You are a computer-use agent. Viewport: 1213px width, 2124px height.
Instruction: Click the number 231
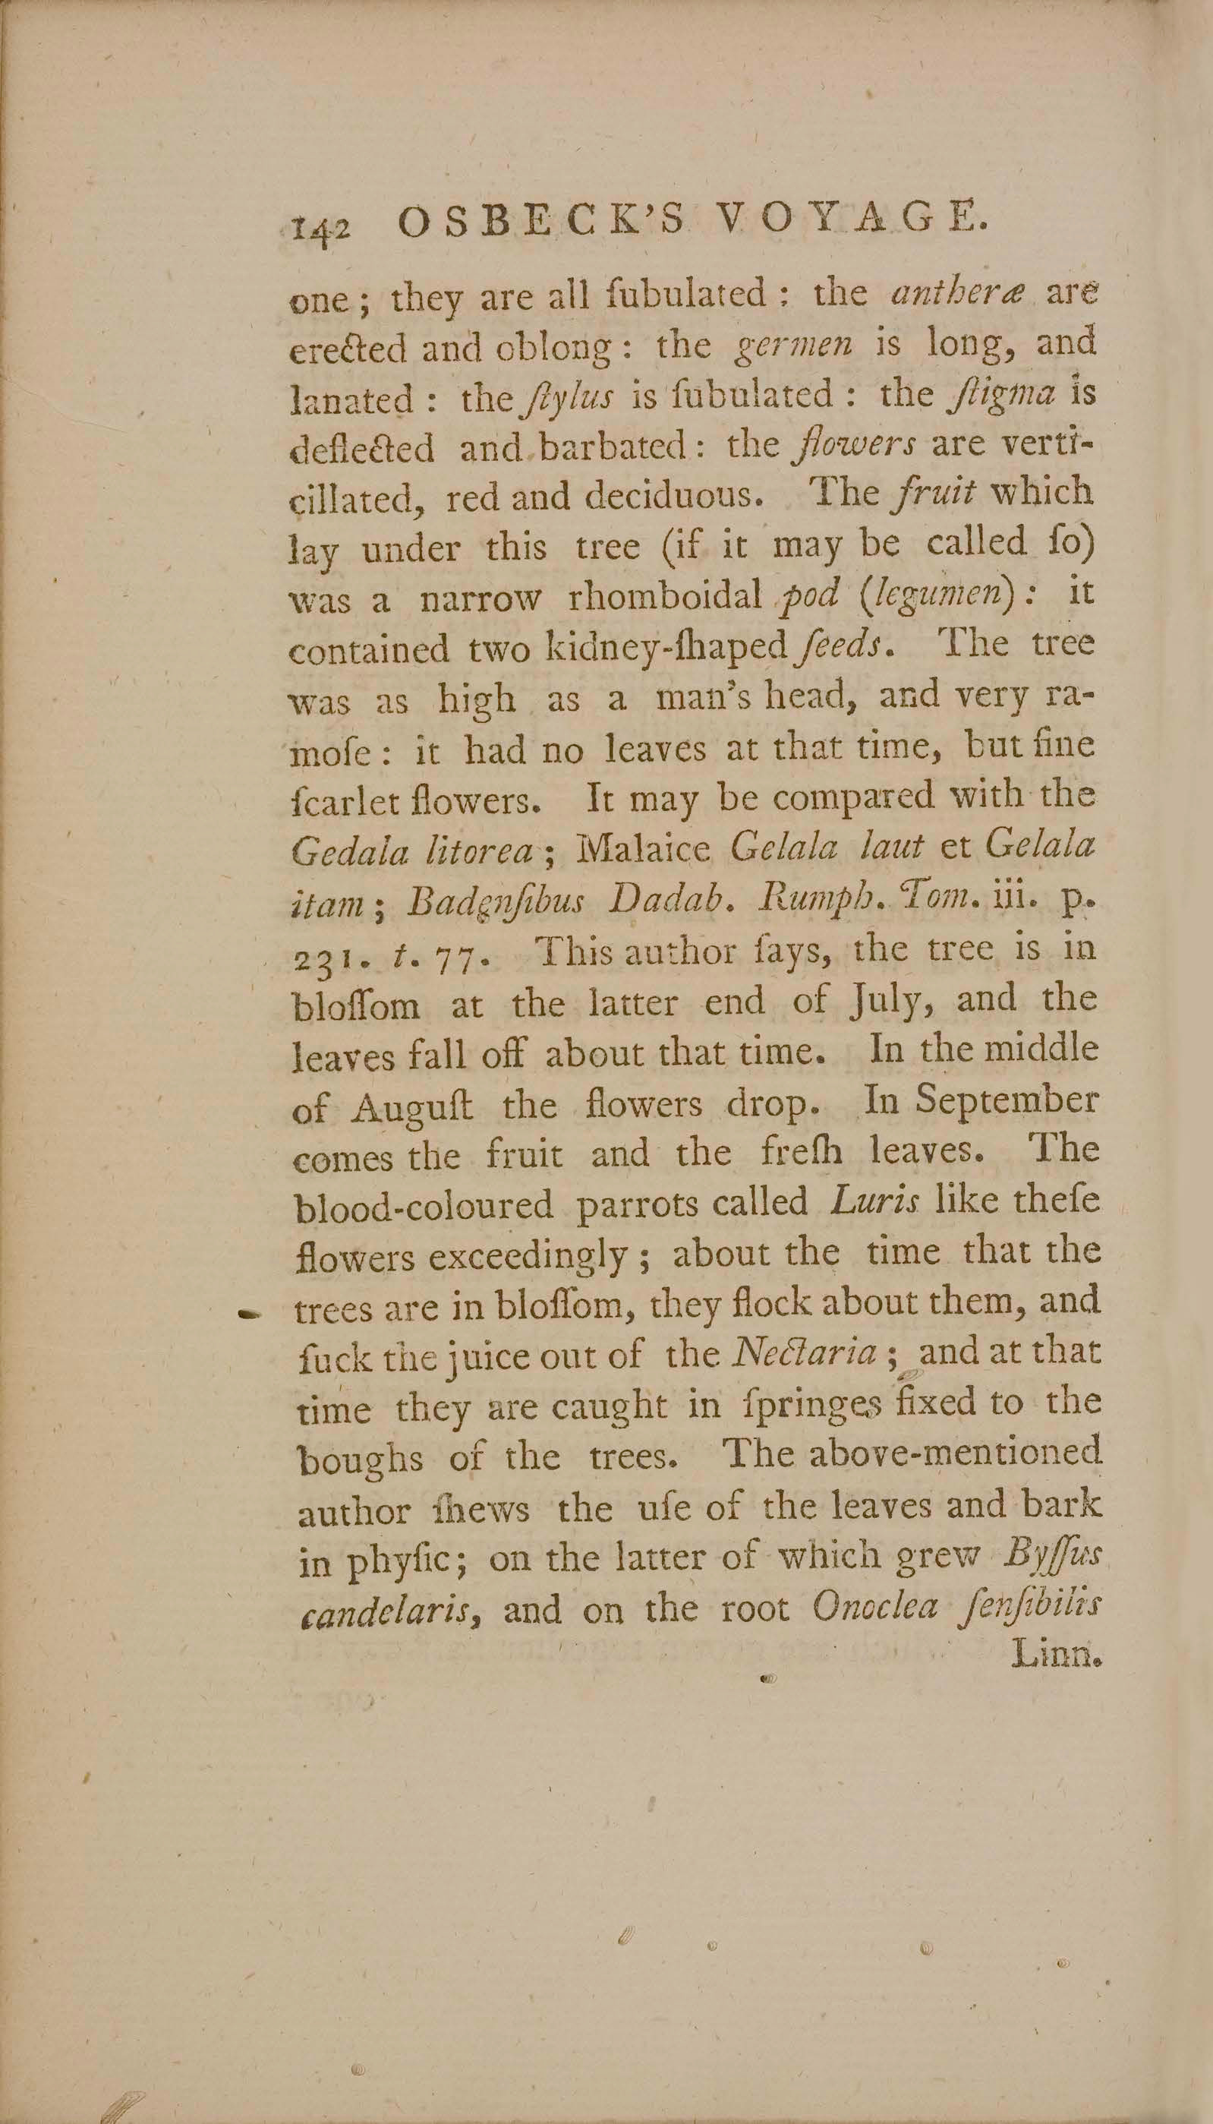(x=323, y=952)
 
